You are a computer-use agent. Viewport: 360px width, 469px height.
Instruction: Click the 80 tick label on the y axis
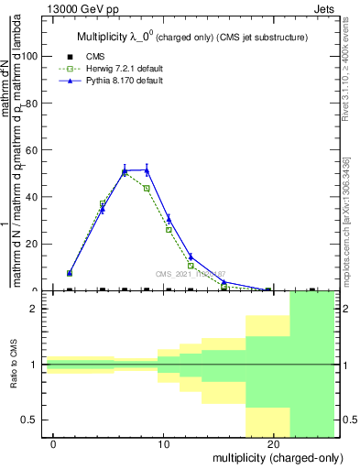tap(30, 103)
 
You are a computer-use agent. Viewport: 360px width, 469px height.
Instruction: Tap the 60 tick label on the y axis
tap(30, 149)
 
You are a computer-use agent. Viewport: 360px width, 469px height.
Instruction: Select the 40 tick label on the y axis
tap(30, 196)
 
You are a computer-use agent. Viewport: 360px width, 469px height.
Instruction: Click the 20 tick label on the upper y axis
tap(30, 244)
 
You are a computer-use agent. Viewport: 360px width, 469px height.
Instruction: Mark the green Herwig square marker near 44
tap(147, 188)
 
